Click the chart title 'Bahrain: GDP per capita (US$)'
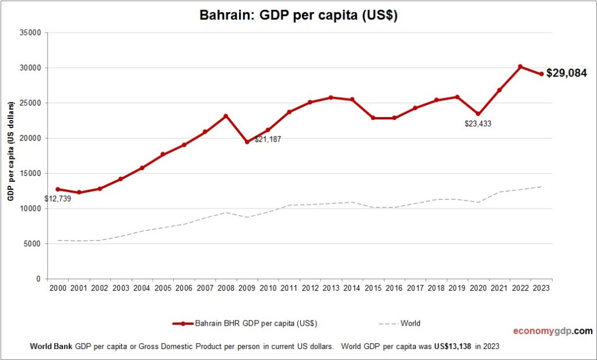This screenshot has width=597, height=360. click(298, 16)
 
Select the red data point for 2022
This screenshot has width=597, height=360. click(521, 66)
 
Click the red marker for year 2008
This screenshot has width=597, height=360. click(226, 116)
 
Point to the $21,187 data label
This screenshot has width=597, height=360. click(268, 140)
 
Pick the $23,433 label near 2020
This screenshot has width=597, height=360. click(477, 123)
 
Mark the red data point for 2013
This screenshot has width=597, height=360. click(331, 97)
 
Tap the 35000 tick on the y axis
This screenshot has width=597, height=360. click(29, 33)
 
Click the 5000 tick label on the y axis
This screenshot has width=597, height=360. click(31, 244)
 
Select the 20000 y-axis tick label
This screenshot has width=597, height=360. click(29, 138)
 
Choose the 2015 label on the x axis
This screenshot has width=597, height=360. click(373, 288)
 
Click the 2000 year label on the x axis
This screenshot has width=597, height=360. click(58, 288)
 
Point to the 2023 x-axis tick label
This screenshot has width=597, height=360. click(540, 288)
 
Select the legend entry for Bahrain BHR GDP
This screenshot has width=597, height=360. click(245, 323)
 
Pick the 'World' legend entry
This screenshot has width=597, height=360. click(409, 323)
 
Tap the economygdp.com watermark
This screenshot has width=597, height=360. click(552, 331)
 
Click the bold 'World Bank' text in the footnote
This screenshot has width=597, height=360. click(51, 346)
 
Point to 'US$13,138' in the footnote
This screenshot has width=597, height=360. click(452, 346)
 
